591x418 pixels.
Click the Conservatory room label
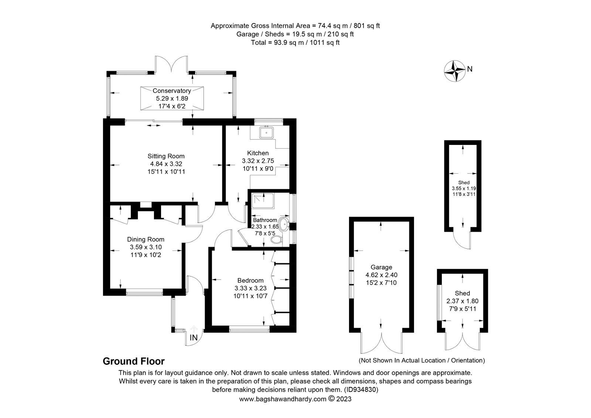[172, 91]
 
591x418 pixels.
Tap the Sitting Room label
[166, 156]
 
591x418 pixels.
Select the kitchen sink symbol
[266, 133]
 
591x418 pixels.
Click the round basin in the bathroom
[284, 224]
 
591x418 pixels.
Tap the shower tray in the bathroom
[263, 201]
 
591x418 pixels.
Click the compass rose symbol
[455, 71]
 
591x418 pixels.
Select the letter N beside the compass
[469, 69]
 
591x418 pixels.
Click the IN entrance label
[194, 337]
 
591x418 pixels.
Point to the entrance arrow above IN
[194, 329]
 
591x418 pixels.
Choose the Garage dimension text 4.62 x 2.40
[382, 275]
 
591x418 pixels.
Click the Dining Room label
[146, 239]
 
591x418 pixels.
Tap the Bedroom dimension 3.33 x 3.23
[250, 288]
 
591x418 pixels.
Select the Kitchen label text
[258, 153]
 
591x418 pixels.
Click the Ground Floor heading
[133, 361]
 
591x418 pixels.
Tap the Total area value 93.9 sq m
[289, 43]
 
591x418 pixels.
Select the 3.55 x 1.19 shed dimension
[464, 188]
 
